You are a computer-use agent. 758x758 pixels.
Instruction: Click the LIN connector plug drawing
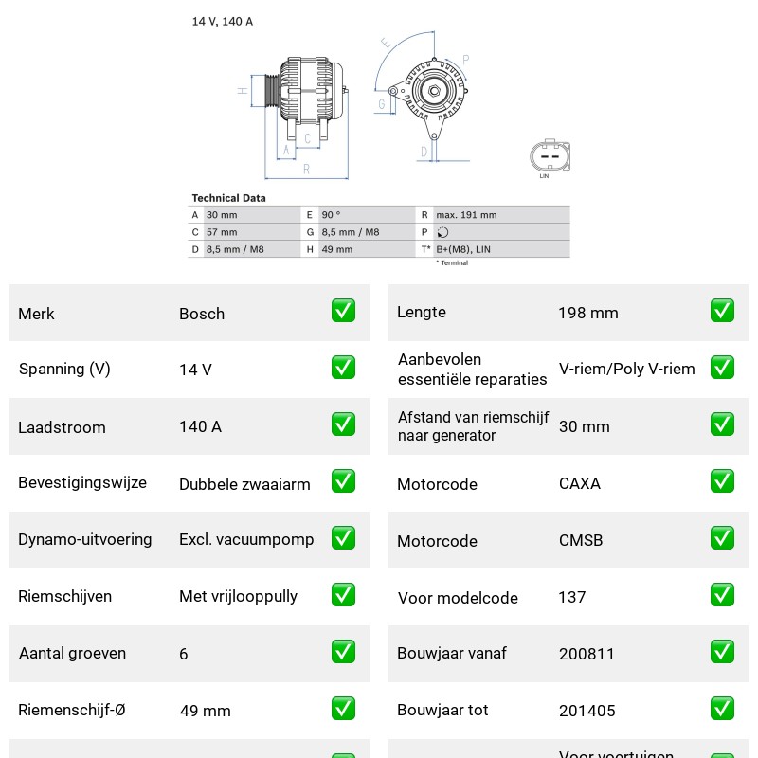coord(550,155)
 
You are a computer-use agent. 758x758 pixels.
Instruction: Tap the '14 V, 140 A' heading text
coord(223,21)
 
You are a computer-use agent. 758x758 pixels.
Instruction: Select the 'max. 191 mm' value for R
coord(466,215)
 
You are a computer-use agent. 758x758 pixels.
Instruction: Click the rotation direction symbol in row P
coord(442,232)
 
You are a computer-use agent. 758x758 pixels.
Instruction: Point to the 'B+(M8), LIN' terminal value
coord(463,249)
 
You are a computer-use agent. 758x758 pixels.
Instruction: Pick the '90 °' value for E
coord(331,215)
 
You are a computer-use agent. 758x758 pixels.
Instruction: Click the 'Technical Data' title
coord(228,198)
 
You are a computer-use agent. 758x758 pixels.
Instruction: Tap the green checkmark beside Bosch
coord(343,311)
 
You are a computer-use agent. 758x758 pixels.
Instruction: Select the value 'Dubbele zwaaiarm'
coord(244,484)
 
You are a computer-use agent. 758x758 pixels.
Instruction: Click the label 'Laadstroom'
coord(62,427)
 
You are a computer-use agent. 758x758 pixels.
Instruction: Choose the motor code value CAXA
coord(580,483)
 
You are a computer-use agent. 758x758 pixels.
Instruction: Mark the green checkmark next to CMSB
coord(722,538)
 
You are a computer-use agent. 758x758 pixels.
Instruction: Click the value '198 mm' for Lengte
coord(588,313)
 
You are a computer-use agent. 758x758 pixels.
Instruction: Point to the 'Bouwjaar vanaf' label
coord(452,653)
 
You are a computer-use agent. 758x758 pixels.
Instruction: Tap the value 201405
coord(587,711)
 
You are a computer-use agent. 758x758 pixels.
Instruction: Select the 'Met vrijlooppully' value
coord(239,596)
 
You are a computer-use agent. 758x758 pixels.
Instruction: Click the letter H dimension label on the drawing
coord(243,90)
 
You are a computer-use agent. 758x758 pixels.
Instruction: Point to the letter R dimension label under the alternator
coord(306,170)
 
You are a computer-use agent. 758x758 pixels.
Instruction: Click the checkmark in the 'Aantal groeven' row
coord(343,652)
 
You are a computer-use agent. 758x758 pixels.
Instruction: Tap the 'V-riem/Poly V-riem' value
coord(627,369)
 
